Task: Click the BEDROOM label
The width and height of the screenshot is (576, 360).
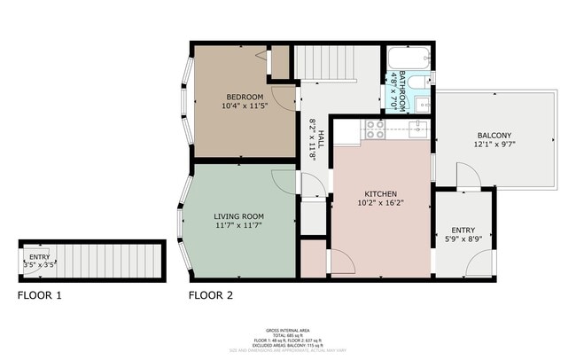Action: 244,97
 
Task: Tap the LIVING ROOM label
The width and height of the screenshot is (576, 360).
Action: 238,216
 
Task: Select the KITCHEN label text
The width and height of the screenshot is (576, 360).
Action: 380,194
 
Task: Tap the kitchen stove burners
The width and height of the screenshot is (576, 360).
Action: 374,130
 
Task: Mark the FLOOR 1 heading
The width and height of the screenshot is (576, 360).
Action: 39,295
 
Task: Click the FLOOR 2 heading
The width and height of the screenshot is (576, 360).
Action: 211,295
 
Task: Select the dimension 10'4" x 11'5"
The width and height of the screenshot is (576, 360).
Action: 244,106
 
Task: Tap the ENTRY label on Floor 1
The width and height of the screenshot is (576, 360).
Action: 39,256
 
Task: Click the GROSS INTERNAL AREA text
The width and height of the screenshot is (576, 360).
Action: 287,328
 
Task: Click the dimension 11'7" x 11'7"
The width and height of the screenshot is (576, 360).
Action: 238,226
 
